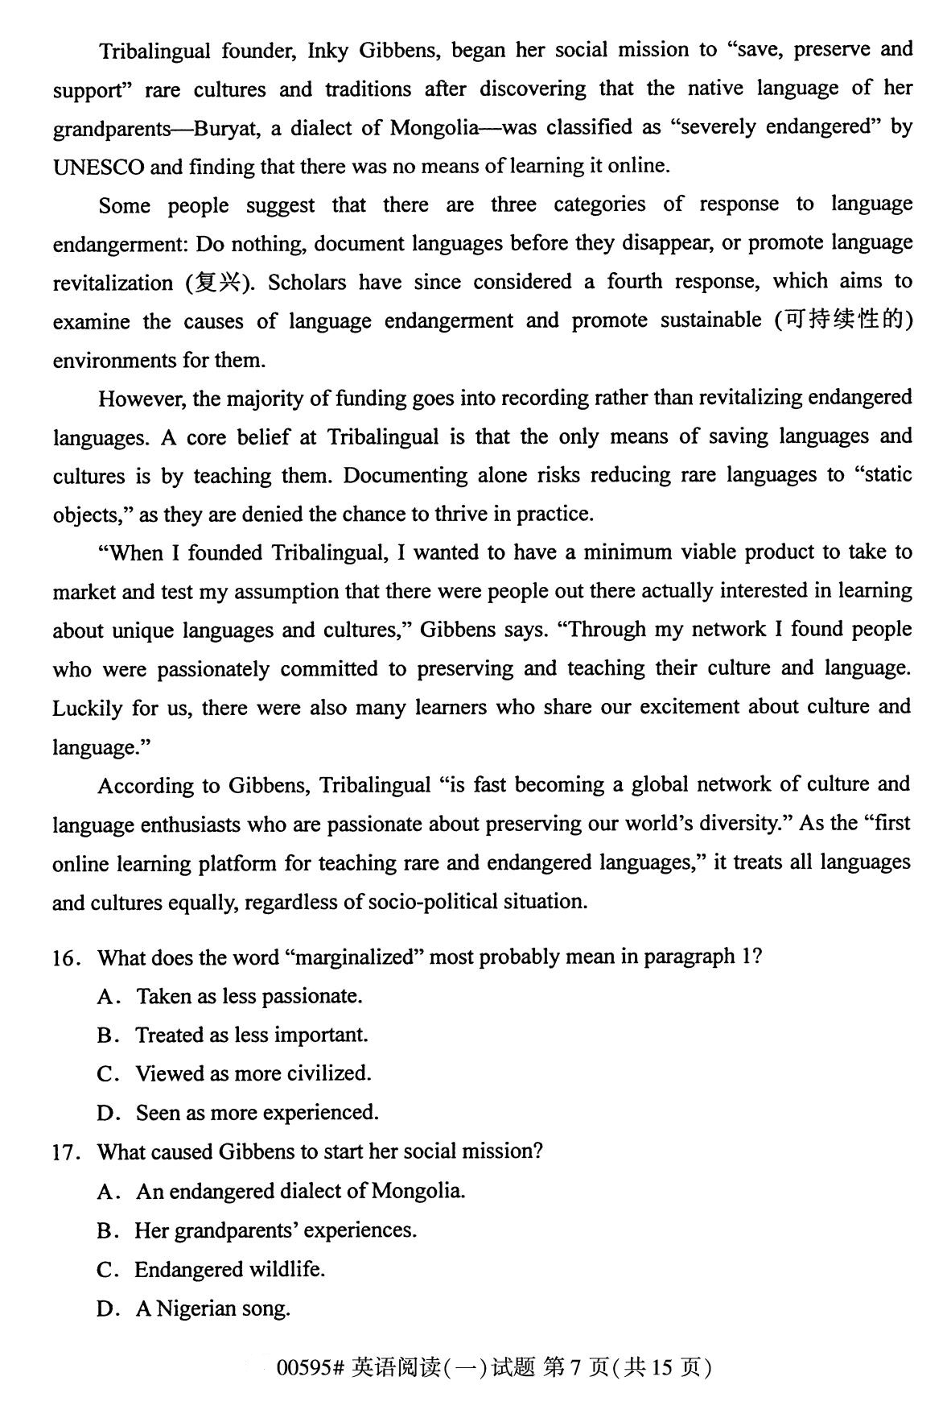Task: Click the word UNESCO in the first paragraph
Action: point(98,167)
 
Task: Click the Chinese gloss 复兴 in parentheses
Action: point(220,283)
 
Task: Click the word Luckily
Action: point(87,708)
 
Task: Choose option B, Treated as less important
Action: point(251,1036)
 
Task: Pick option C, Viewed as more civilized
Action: point(253,1074)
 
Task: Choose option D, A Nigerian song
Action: point(212,1308)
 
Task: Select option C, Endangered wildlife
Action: point(229,1270)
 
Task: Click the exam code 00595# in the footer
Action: point(310,1367)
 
